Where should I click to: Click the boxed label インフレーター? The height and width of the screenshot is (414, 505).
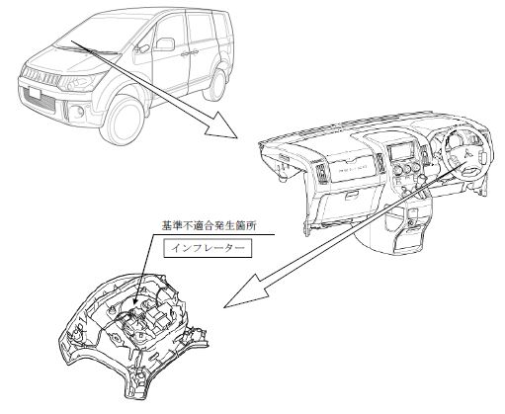point(208,248)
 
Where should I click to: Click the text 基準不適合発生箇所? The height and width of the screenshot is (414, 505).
point(210,226)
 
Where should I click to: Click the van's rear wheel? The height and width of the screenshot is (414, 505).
point(216,85)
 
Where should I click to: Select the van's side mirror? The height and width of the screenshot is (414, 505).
point(165,44)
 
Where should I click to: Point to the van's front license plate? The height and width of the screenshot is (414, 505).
point(34,92)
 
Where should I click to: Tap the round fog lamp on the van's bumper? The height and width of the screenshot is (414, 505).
point(78,112)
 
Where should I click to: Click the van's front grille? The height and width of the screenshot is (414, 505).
point(41,76)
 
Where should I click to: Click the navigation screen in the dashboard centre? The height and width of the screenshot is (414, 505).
point(401,153)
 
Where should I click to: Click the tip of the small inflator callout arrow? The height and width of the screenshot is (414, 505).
point(135,303)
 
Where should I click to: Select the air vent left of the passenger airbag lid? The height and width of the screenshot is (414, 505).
point(320,172)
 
